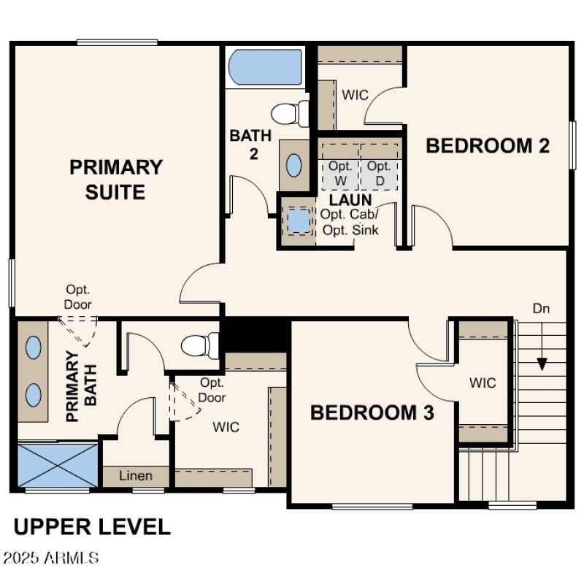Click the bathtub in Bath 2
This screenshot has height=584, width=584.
[265, 68]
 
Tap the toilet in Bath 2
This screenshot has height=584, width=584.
[289, 114]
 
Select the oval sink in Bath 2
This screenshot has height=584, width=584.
[294, 166]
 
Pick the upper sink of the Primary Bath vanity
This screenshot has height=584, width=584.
[34, 348]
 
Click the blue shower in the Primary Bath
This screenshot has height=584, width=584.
[57, 464]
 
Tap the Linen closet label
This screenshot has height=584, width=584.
[136, 476]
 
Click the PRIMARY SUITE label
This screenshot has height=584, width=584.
[116, 180]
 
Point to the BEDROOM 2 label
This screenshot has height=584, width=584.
[488, 145]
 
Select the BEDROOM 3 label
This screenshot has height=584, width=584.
[372, 412]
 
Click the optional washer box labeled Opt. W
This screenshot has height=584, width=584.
[340, 172]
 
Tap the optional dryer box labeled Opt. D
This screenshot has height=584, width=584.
[380, 172]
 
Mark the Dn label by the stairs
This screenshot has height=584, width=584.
[541, 309]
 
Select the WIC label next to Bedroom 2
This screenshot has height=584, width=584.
[356, 96]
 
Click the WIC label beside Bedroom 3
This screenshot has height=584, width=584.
[483, 383]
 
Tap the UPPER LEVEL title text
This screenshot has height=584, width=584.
[92, 526]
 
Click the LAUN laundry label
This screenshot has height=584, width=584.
[350, 199]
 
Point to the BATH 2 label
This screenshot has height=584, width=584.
[250, 144]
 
